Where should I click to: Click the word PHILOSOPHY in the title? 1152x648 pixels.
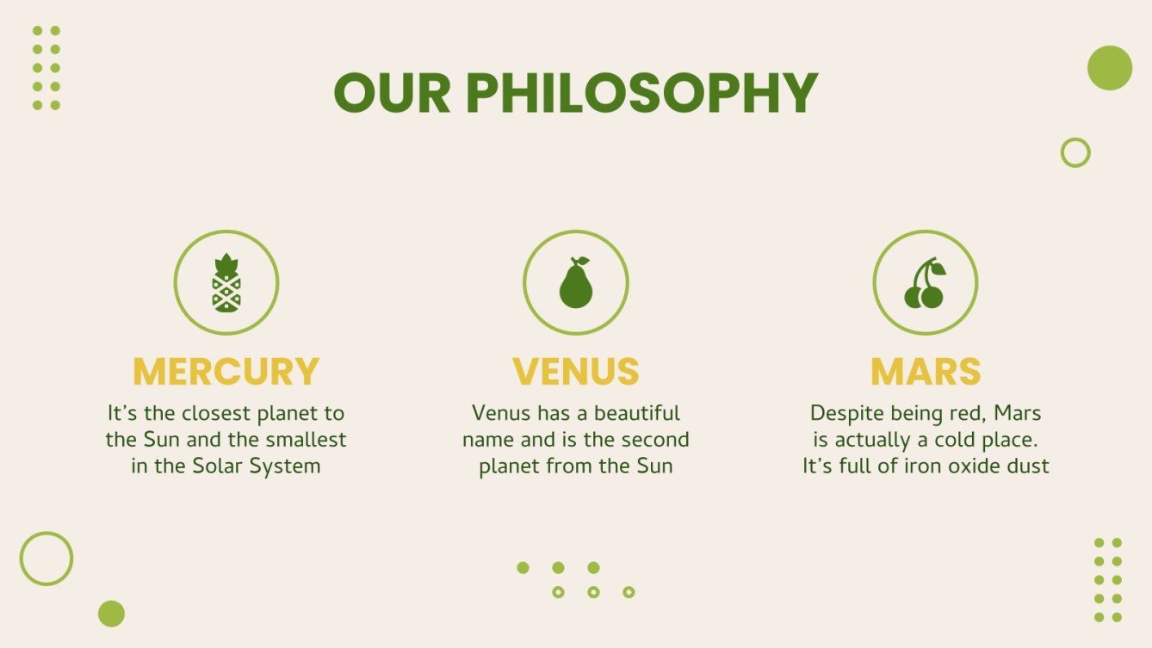[x=641, y=93]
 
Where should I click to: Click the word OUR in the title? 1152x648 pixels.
[x=393, y=93]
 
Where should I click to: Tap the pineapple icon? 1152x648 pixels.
[x=226, y=282]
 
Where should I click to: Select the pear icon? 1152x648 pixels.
[x=576, y=282]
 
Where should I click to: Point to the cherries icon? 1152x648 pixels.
[x=926, y=283]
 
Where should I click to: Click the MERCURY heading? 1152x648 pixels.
[x=226, y=371]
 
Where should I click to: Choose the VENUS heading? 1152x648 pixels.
[x=576, y=371]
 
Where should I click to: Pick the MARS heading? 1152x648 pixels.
[x=926, y=371]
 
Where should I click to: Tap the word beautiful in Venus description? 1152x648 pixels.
[x=637, y=413]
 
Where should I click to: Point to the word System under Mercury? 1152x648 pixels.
[x=285, y=467]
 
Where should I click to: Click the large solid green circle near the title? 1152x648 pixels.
[x=1110, y=68]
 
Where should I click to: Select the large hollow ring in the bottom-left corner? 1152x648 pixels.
[x=21, y=559]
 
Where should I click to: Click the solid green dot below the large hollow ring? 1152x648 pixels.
[x=112, y=614]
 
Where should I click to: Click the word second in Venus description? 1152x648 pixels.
[x=655, y=440]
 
